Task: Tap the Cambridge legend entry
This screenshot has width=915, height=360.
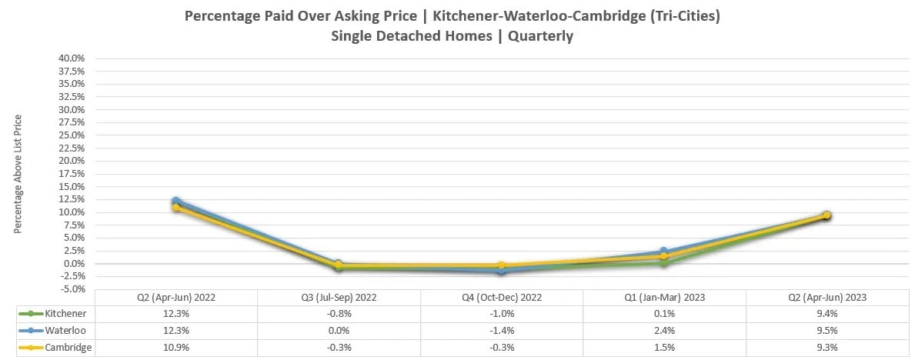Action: click(67, 347)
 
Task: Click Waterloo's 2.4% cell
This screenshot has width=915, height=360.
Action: click(664, 330)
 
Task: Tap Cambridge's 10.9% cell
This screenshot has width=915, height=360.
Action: click(176, 347)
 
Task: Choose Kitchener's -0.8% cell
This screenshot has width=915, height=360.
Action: click(339, 313)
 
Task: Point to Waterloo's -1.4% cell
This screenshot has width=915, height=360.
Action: click(501, 330)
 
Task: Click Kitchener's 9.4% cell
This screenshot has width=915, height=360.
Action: click(827, 313)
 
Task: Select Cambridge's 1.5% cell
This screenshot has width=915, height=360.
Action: click(664, 347)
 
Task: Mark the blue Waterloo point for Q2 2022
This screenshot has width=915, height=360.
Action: click(176, 201)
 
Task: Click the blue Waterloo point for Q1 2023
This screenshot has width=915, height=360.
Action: click(664, 252)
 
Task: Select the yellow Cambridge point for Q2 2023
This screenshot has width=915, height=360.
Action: click(827, 215)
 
